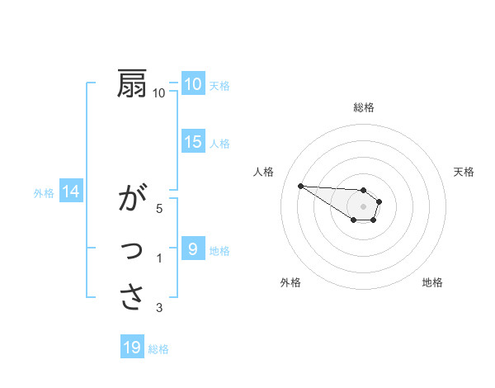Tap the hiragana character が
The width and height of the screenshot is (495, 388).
133,200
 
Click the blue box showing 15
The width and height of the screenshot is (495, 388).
193,142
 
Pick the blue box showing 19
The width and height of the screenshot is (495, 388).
132,348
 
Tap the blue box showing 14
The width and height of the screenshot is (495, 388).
71,192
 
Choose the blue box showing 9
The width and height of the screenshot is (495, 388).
193,248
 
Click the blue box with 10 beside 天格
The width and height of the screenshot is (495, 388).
193,84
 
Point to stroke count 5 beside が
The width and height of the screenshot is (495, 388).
159,208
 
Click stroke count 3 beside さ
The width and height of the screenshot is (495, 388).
159,308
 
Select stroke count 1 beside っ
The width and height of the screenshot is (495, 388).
159,258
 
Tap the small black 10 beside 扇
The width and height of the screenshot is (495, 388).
159,93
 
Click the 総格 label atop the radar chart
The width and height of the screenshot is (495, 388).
364,107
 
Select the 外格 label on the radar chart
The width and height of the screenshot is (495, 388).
290,282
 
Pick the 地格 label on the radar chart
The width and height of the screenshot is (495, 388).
432,282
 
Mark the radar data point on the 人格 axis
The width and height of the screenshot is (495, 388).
300,186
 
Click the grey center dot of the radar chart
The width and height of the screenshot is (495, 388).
364,206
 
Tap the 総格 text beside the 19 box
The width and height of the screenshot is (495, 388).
158,349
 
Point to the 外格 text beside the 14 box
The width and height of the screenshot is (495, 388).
44,193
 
